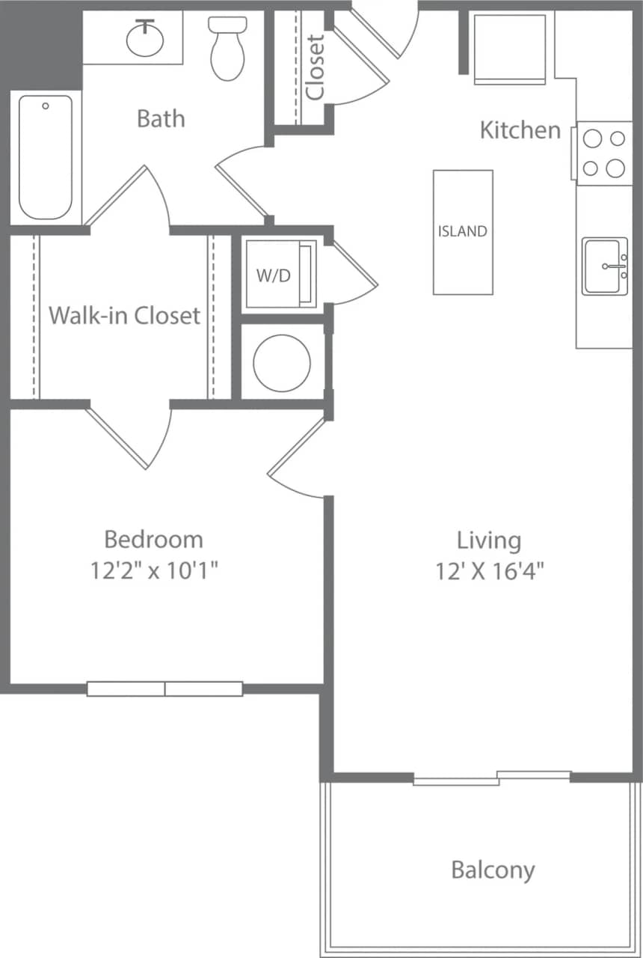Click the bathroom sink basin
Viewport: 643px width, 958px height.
click(x=144, y=39)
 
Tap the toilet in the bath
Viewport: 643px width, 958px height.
click(x=228, y=49)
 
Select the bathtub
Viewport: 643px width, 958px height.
click(x=46, y=157)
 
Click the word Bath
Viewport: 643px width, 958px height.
click(x=161, y=118)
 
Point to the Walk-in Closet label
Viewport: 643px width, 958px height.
click(x=124, y=315)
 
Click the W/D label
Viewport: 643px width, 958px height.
click(x=273, y=275)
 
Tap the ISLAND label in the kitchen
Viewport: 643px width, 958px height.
click(x=462, y=231)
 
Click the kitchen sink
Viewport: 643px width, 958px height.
click(x=604, y=266)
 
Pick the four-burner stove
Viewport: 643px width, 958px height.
click(x=603, y=153)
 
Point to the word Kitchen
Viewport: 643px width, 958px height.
click(x=520, y=130)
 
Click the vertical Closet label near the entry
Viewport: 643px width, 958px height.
click(x=316, y=67)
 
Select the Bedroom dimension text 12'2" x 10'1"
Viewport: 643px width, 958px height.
click(x=154, y=571)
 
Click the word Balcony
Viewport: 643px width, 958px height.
click(x=493, y=870)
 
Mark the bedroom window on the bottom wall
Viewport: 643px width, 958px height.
click(x=164, y=689)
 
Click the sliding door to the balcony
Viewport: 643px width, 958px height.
click(x=493, y=778)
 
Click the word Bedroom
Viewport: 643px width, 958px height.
click(x=153, y=539)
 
